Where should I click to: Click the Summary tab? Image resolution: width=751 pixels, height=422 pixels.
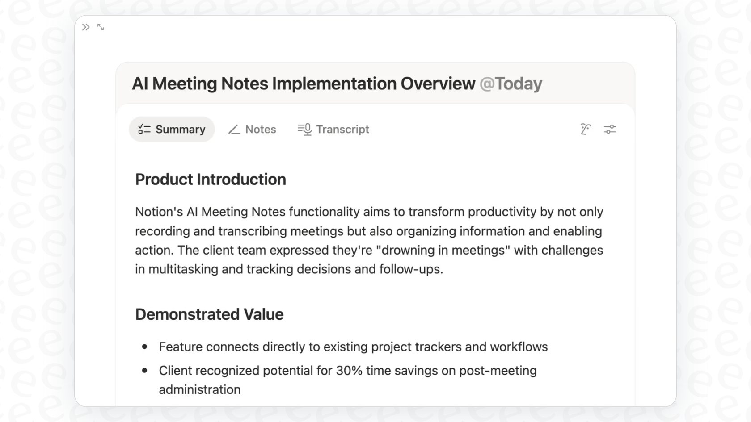pyautogui.click(x=172, y=130)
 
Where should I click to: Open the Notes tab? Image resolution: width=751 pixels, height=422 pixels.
pyautogui.click(x=252, y=130)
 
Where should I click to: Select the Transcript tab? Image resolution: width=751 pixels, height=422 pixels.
pyautogui.click(x=333, y=130)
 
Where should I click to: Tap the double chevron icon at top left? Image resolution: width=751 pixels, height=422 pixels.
pyautogui.click(x=86, y=27)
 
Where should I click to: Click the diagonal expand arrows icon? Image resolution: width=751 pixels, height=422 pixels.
pyautogui.click(x=101, y=27)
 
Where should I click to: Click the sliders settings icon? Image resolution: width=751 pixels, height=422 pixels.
pyautogui.click(x=610, y=130)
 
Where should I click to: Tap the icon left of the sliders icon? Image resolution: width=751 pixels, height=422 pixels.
pyautogui.click(x=586, y=130)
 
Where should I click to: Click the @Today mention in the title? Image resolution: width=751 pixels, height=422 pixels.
pyautogui.click(x=511, y=84)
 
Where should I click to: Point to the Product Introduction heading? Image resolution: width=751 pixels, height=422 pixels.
pyautogui.click(x=211, y=180)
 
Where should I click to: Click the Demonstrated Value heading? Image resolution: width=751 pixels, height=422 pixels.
pyautogui.click(x=209, y=314)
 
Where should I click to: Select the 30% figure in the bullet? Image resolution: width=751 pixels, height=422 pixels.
pyautogui.click(x=349, y=371)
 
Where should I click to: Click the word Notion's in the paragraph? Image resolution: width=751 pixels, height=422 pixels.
pyautogui.click(x=159, y=212)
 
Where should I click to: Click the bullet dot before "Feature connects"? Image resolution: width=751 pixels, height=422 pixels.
pyautogui.click(x=144, y=347)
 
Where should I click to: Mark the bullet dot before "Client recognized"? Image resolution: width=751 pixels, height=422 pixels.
pyautogui.click(x=144, y=370)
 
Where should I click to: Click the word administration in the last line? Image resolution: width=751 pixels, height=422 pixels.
pyautogui.click(x=200, y=390)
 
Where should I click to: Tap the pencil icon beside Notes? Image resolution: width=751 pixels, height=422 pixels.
pyautogui.click(x=234, y=130)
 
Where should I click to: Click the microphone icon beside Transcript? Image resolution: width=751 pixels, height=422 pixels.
pyautogui.click(x=305, y=130)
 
